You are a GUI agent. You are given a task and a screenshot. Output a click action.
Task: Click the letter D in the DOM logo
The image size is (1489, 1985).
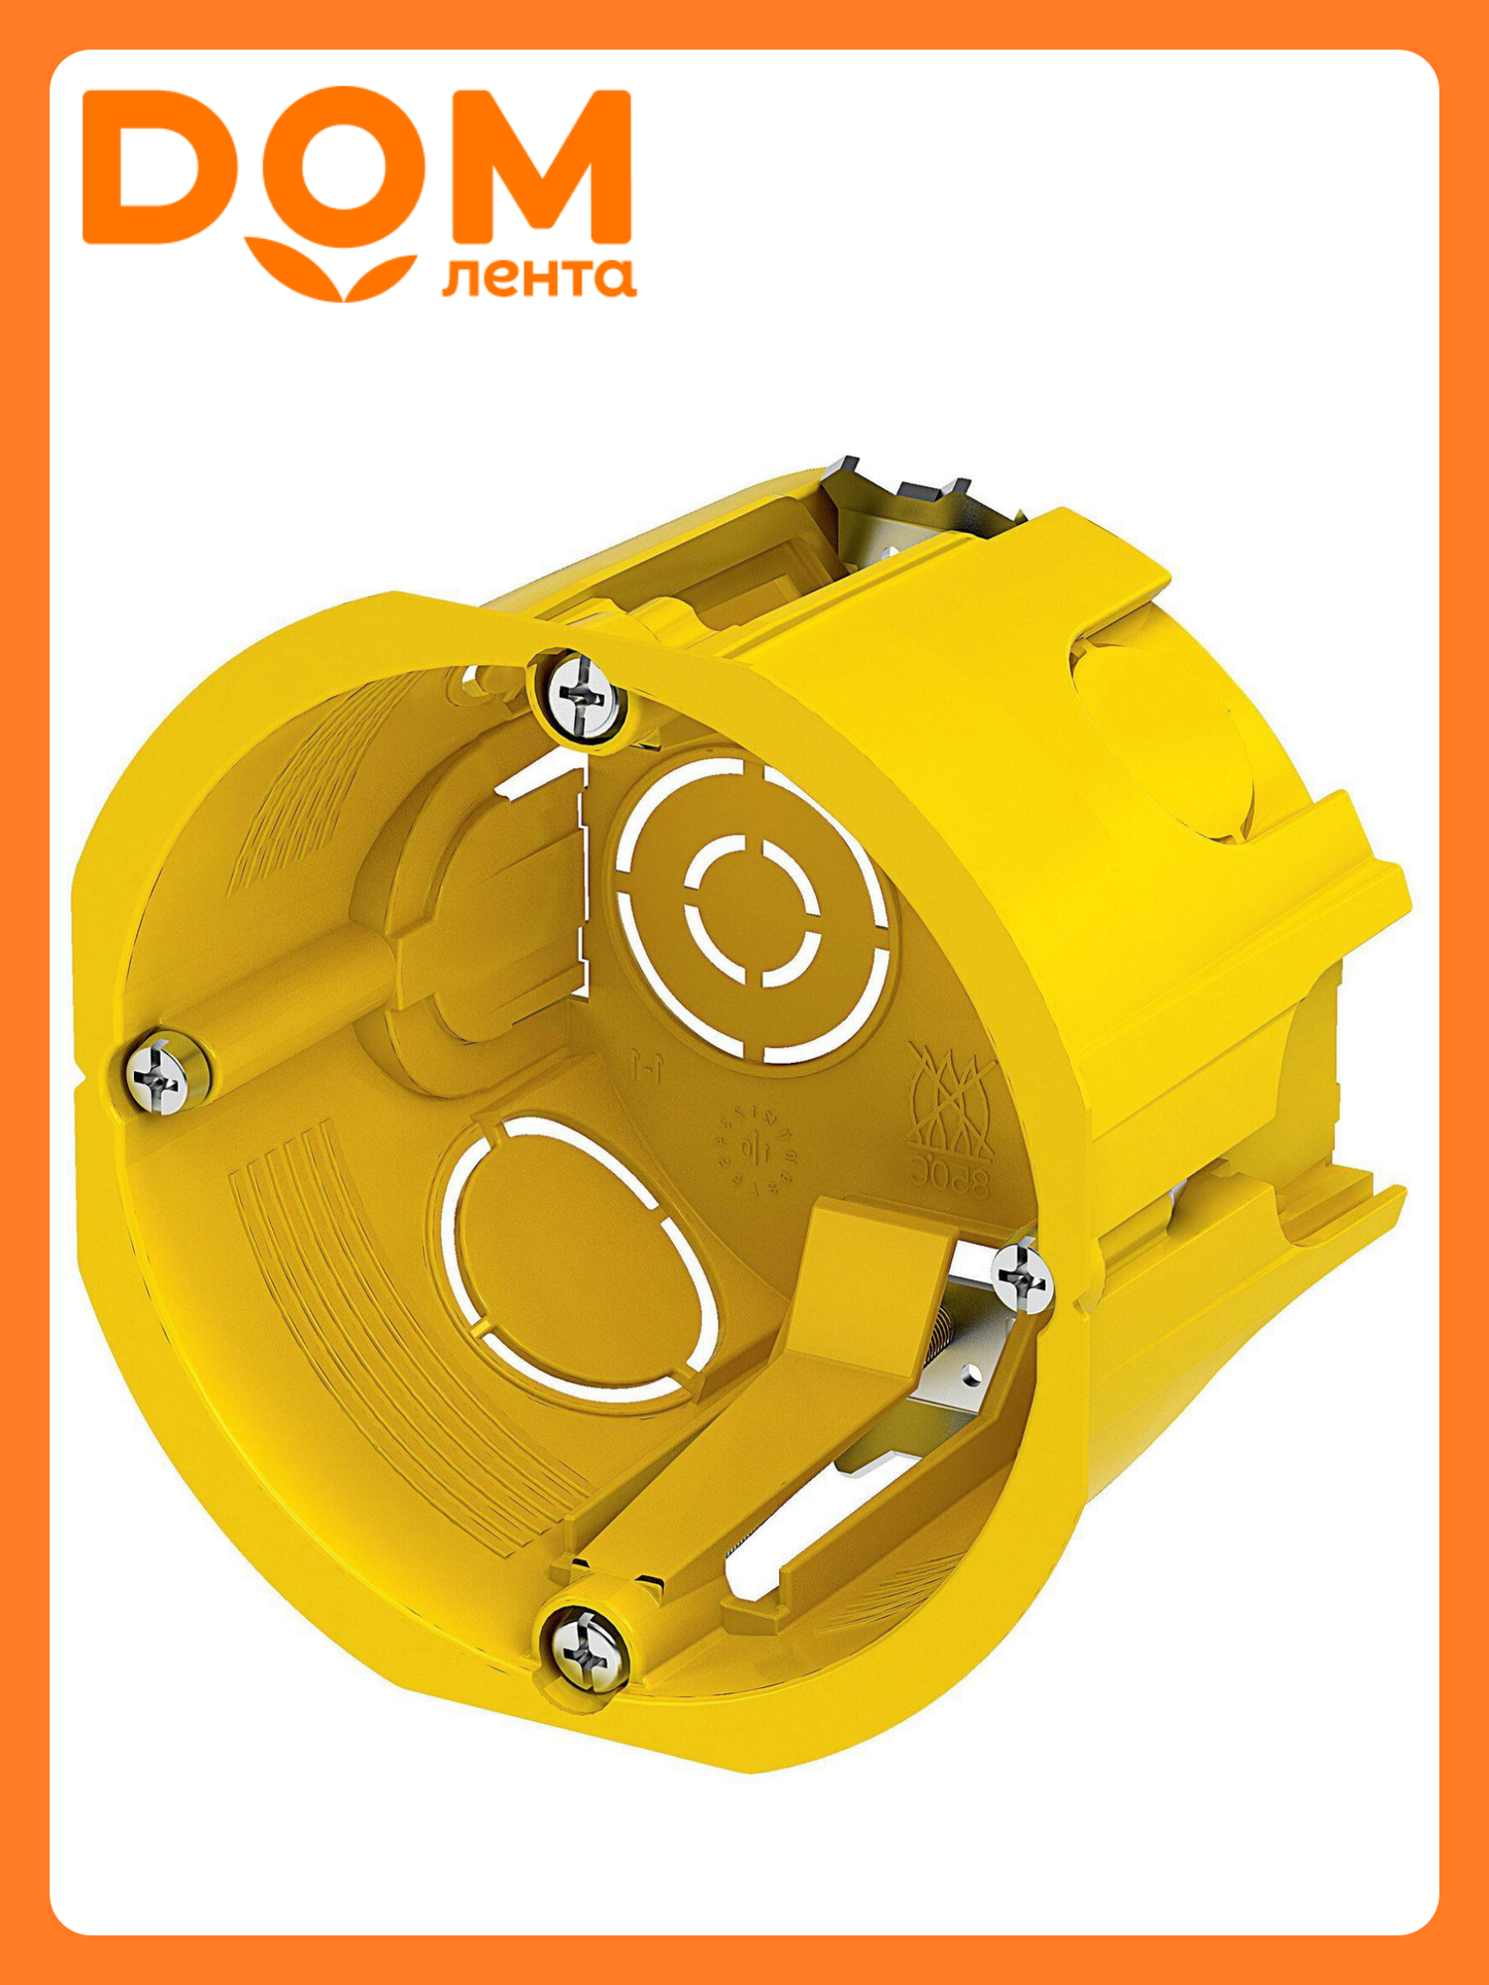coord(149,167)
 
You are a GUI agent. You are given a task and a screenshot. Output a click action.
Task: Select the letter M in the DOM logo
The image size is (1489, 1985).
coord(541,167)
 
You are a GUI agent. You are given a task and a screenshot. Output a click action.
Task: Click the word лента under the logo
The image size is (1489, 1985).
coord(538,278)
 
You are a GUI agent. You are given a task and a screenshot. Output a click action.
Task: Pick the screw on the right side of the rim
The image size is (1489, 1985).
coord(1022,1276)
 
